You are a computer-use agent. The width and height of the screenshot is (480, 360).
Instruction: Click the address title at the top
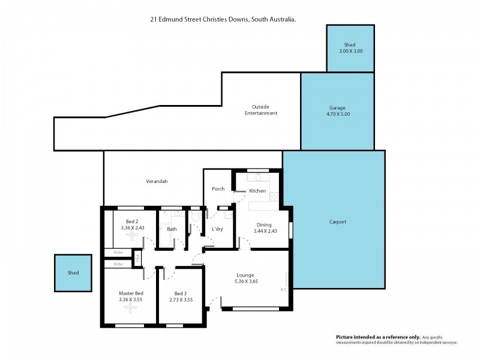[x=223, y=19]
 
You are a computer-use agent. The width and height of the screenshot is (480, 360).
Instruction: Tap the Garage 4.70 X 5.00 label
[x=337, y=111]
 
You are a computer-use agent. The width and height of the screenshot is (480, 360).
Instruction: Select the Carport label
[x=338, y=222]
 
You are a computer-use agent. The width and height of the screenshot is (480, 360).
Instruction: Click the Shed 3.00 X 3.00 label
[x=350, y=48]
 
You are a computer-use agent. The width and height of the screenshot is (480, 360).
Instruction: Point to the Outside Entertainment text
[x=260, y=109]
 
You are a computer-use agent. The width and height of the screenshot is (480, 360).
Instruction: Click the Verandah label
[x=156, y=181]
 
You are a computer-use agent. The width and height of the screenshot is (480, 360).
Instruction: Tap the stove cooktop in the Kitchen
[x=274, y=196]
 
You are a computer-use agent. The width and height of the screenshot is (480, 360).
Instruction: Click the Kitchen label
[x=257, y=190]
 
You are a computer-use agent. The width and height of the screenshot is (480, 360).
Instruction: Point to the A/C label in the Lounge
[x=284, y=289]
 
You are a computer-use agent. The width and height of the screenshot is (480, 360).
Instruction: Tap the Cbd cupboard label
[x=137, y=259]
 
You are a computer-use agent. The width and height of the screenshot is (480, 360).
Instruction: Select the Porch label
[x=218, y=188]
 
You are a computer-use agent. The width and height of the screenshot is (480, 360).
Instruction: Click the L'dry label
[x=217, y=229]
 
